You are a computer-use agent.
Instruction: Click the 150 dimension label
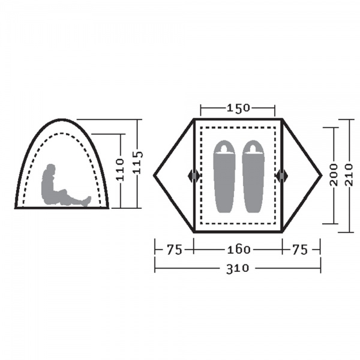(238, 108)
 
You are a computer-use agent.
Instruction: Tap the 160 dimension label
(239, 250)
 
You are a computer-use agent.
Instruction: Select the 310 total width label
(238, 268)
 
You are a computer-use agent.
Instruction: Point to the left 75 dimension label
(174, 250)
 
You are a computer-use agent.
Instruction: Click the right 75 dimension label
(300, 250)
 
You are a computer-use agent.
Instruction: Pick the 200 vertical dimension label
(334, 175)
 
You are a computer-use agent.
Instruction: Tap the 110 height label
(119, 169)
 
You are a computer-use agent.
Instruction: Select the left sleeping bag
(224, 176)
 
